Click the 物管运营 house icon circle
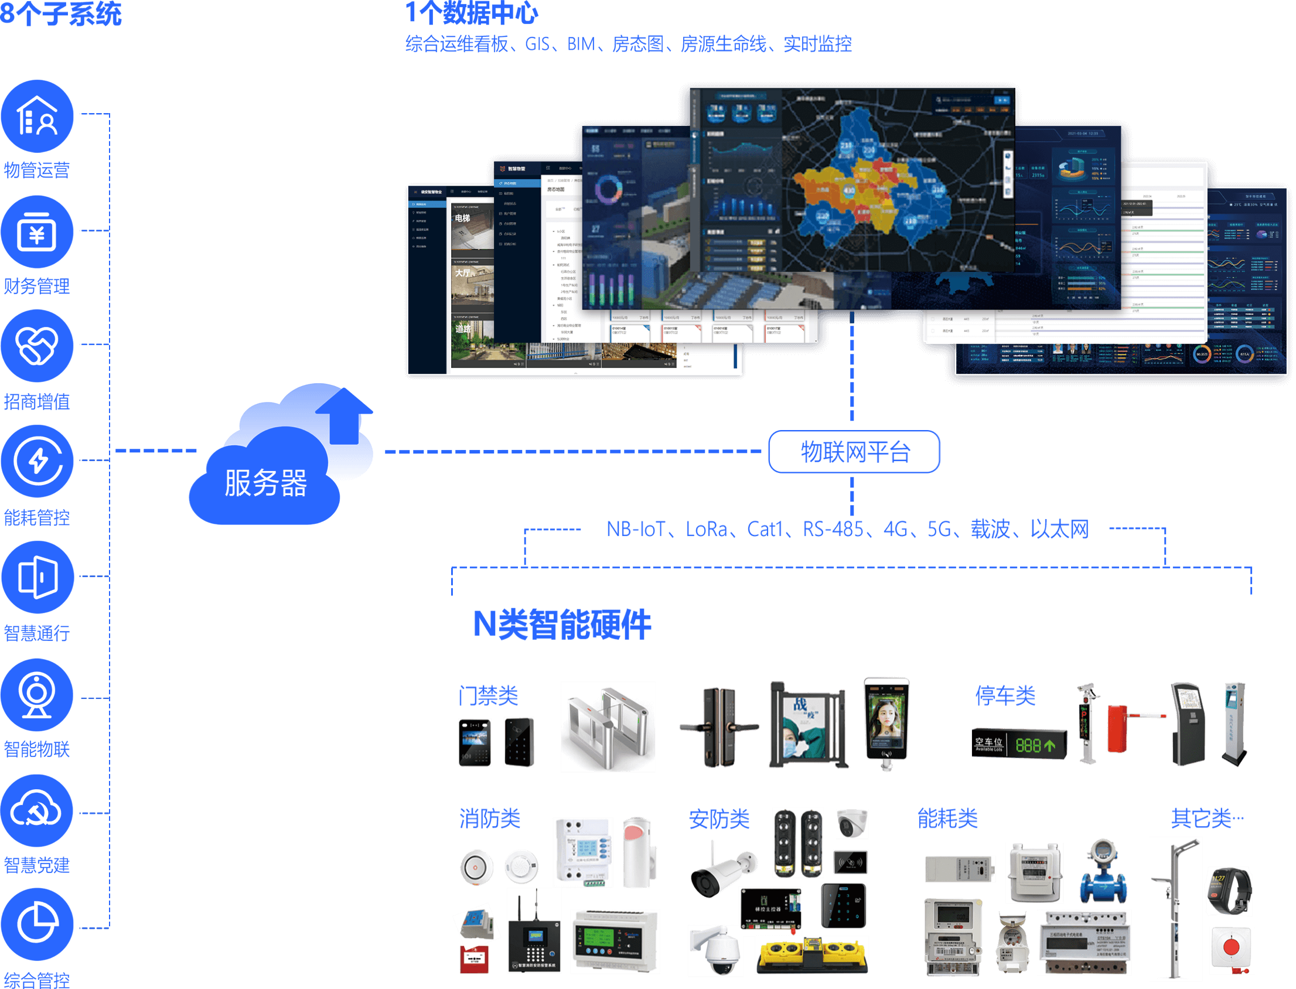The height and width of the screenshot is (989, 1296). pos(37,116)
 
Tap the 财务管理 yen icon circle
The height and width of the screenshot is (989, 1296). pos(37,232)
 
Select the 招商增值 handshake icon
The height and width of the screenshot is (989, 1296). pos(37,346)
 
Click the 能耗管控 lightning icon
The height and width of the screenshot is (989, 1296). pos(37,461)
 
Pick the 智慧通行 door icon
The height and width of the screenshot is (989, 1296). pos(37,577)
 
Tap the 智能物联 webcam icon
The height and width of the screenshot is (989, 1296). pos(37,695)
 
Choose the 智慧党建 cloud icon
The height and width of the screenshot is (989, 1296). pos(37,811)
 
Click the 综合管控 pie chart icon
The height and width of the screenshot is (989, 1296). pos(37,924)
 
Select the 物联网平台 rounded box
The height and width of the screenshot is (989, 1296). pos(854,452)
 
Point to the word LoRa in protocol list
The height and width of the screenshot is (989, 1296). pos(706,528)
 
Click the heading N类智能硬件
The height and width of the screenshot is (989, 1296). pos(561,624)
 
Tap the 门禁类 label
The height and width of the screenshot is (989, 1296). pos(488,695)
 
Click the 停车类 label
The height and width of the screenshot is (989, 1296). pos(1005,695)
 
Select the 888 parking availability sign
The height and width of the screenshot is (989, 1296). pos(1019,745)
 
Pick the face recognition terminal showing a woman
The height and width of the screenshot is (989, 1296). pos(886,721)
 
